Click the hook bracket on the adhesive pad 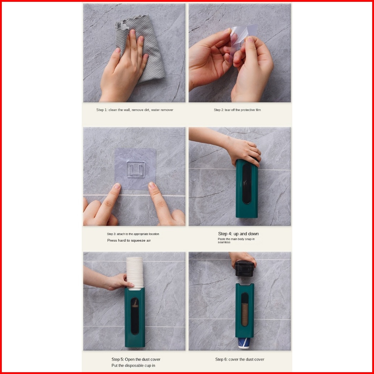tap(136, 169)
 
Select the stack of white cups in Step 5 tap(135, 273)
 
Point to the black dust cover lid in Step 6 tap(244, 269)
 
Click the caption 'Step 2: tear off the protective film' tap(237, 110)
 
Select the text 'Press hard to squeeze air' tap(129, 241)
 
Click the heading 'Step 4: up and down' tap(238, 234)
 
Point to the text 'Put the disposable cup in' tap(133, 365)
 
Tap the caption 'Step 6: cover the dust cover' tap(240, 359)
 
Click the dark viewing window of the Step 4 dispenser tap(247, 184)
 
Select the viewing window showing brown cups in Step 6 tap(245, 310)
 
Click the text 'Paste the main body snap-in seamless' tap(236, 241)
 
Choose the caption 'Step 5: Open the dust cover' tap(136, 359)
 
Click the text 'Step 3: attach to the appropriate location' tap(133, 234)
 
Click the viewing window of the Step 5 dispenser tap(135, 316)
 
